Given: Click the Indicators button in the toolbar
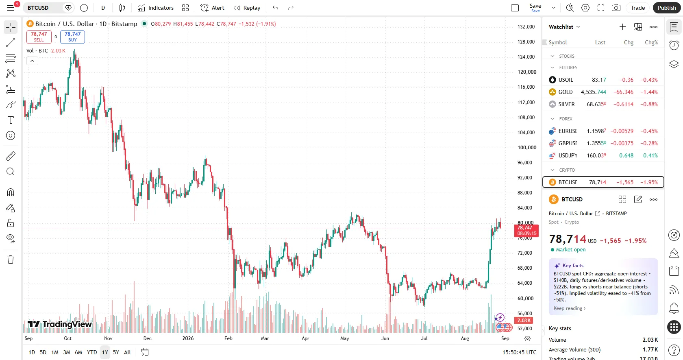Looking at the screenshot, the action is coord(155,8).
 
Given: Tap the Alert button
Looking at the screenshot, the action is coord(212,8).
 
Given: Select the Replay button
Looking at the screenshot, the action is coord(247,8).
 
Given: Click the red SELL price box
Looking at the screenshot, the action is coord(39,37).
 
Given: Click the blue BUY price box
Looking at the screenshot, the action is coord(72,37).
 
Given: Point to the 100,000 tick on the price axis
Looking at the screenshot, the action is coord(526,148).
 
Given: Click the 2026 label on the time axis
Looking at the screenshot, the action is coord(188,338).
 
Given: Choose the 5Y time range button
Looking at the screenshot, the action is coord(116,352).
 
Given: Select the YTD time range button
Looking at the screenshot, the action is coord(92,352).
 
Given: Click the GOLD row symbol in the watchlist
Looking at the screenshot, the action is coord(565,92).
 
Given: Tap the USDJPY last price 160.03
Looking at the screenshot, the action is coord(596,155).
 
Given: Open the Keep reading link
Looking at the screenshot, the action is coord(570,308).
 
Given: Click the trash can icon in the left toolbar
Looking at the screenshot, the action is coord(11,260).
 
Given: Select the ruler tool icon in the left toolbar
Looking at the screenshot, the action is coord(11,156).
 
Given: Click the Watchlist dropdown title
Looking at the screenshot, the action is coord(564,27).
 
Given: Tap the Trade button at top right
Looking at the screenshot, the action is coord(637,8).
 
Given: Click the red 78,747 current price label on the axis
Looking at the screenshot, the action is coord(526,231).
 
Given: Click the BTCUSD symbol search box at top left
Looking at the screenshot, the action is coord(44,8).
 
